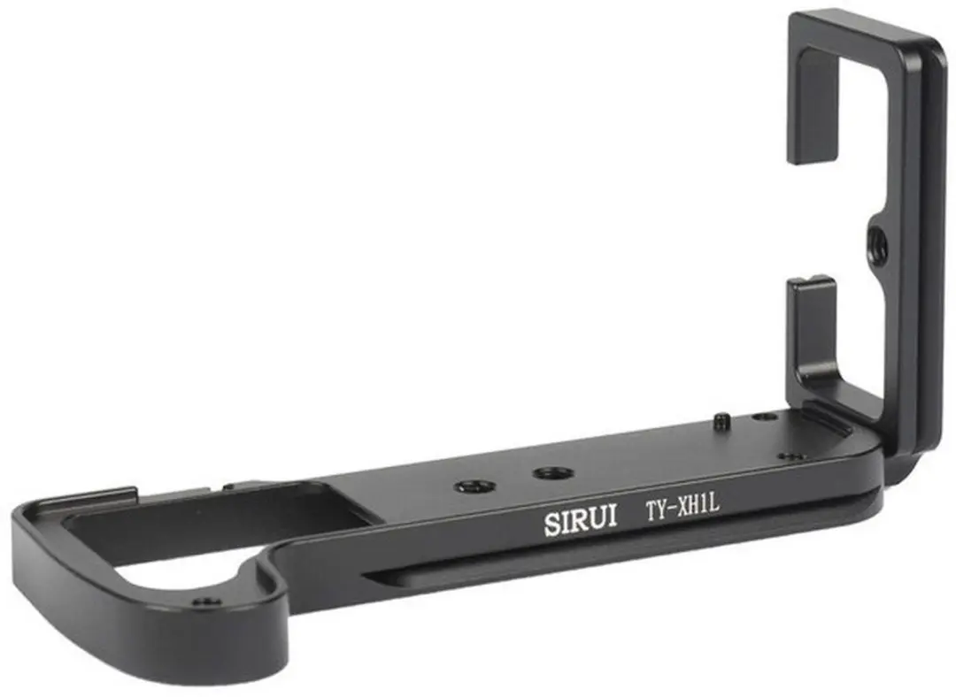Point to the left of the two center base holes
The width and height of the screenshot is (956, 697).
468,486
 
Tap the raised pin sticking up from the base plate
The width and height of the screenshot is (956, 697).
722,421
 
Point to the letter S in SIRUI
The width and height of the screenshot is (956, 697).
551,524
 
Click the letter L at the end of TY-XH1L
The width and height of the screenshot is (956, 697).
714,504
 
